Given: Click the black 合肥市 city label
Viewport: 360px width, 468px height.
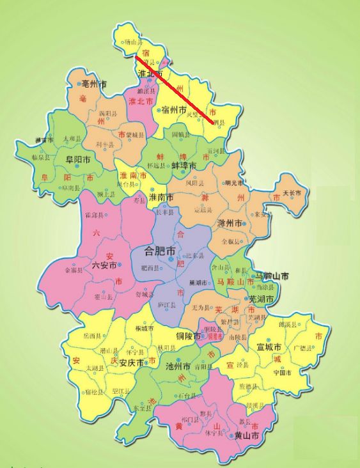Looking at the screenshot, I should [160, 251].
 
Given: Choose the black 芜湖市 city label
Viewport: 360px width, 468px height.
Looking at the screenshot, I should [261, 299].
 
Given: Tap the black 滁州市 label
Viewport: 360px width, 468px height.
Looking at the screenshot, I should [231, 224].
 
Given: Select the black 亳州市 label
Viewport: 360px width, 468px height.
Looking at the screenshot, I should [93, 84].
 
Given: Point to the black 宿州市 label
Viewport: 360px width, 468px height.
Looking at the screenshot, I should [173, 111].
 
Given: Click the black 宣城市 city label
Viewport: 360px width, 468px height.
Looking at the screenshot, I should [270, 347].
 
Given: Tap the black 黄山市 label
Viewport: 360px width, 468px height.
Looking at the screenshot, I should [246, 435].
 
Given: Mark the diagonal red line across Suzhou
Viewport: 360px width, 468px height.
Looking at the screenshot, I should [175, 89].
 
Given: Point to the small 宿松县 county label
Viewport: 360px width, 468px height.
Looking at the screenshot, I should [94, 393].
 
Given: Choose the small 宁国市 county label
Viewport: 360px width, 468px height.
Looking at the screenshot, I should [283, 372].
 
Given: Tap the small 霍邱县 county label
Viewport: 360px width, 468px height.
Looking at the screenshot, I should [93, 215].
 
